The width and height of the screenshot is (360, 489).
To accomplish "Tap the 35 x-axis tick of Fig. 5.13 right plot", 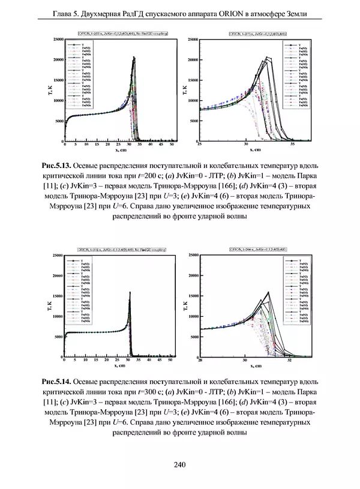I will [292, 145].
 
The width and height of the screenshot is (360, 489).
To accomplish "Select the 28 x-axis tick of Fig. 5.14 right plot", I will [200, 362].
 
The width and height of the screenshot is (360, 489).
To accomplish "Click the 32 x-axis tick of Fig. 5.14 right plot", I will [290, 362].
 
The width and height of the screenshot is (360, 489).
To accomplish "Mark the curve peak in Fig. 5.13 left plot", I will [134, 58].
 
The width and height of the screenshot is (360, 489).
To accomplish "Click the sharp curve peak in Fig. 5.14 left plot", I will [130, 292].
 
